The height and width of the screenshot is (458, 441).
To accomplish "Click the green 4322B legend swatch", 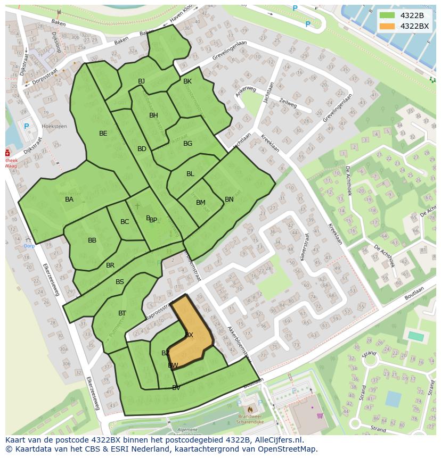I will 387,15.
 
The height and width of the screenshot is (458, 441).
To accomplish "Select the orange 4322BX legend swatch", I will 387,26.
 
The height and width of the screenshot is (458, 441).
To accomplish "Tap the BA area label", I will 69,199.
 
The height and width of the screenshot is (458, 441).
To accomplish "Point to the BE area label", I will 103,134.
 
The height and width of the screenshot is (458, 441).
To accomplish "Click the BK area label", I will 187,81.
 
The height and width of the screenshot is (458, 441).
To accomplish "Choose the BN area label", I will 229,199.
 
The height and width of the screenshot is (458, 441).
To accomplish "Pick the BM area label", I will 201,203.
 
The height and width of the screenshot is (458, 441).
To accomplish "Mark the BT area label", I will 123,313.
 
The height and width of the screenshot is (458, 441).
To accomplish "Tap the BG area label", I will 188,144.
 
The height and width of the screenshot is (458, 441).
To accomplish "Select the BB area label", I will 92,240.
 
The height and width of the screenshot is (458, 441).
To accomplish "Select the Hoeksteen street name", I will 54,127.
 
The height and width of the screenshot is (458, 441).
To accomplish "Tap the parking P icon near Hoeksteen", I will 26,127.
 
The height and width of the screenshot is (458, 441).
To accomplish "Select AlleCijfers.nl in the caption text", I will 277,440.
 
